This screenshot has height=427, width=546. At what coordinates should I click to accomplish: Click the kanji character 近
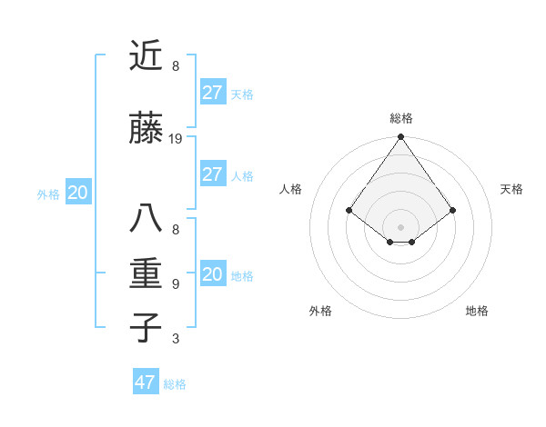pos(146,56)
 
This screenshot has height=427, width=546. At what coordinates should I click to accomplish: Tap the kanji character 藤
pos(146,129)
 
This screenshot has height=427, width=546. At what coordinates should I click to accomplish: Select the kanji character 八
pos(146,219)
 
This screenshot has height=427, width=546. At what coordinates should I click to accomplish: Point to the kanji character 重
pos(146,273)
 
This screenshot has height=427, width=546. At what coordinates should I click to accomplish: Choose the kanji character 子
pos(146,327)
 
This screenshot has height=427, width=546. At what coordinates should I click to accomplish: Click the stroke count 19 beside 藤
pos(176,139)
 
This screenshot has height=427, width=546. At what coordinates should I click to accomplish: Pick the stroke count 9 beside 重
pos(176,283)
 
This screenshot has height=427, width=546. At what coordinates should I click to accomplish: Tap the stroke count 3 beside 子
pos(176,339)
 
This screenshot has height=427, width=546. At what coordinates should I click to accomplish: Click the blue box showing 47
pos(146,382)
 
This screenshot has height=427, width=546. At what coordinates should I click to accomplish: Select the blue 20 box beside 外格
pos(78,192)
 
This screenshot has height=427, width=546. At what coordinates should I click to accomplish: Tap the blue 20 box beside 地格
pos(212,274)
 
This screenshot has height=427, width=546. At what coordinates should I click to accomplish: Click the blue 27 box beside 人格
pos(212,174)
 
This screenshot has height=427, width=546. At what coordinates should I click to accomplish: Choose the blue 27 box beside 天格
pos(212,93)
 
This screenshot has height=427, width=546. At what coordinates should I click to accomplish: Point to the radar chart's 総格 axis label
pos(400,118)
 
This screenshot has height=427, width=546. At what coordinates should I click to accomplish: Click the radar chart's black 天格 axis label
pos(511,189)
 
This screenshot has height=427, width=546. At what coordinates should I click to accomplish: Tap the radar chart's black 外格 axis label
pos(320,311)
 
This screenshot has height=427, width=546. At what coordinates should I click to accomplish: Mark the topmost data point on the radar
pos(400,138)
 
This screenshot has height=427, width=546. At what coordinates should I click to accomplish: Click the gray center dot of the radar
pos(400,226)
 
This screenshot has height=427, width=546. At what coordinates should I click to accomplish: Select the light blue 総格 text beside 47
pos(175,384)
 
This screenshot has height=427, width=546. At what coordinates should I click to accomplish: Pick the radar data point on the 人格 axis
pos(349,210)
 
